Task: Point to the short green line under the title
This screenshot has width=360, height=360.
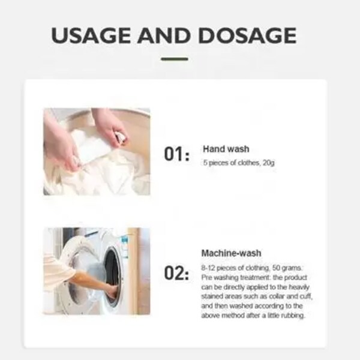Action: [175, 59]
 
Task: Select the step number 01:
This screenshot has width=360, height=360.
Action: [176, 155]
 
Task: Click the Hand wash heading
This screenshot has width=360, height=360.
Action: [226, 148]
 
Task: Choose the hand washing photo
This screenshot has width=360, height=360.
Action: [96, 151]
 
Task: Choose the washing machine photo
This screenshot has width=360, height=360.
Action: [96, 271]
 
